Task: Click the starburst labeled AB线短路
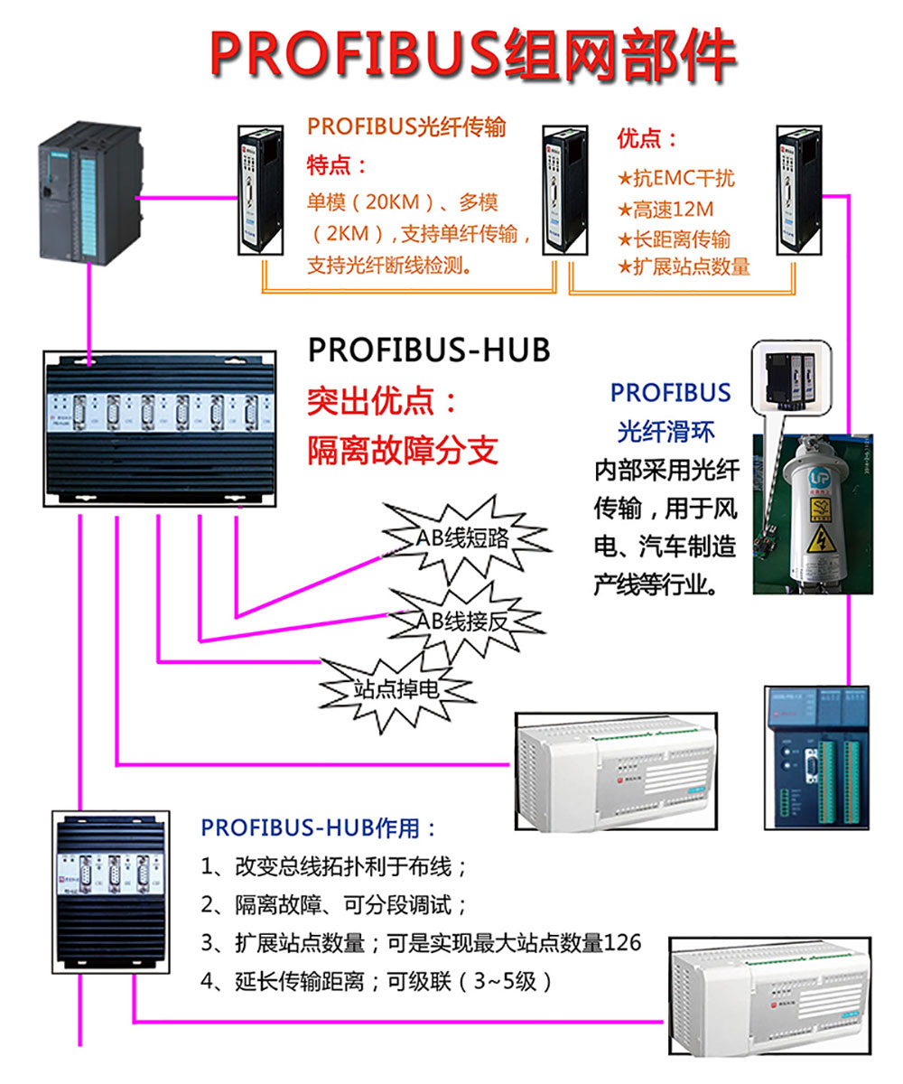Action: pos(462,538)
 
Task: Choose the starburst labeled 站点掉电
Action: pos(396,690)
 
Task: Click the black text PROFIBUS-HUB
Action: pos(429,350)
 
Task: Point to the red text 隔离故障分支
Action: pos(403,449)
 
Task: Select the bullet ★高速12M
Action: pos(666,210)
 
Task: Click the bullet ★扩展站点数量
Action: pos(684,267)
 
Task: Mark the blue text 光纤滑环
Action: pos(666,432)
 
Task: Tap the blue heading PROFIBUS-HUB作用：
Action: pos(319,827)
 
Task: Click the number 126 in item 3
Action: pos(623,942)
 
